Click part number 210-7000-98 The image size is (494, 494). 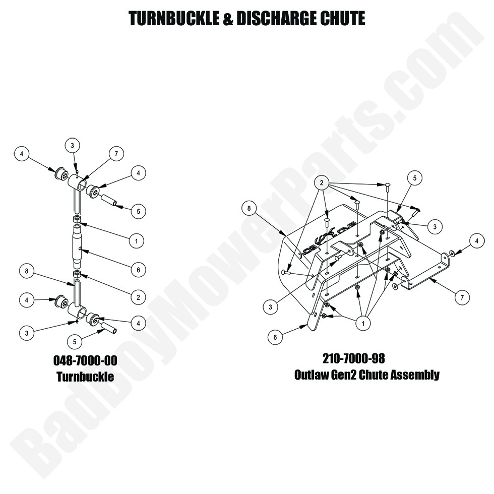[354, 358]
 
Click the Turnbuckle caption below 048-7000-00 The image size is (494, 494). [85, 377]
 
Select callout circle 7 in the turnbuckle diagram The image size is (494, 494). [116, 154]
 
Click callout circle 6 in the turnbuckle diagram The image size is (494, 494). [138, 270]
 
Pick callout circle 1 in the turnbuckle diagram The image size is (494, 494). [137, 241]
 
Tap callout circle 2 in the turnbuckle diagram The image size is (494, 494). [138, 297]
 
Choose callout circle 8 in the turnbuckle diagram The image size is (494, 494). [27, 271]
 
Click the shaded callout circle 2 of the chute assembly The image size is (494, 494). [322, 182]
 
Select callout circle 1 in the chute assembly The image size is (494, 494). [363, 323]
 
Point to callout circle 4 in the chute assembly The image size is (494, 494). [477, 241]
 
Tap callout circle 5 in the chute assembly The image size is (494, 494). [414, 178]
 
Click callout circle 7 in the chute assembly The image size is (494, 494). [462, 297]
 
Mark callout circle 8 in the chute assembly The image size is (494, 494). [249, 208]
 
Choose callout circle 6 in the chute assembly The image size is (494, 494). [275, 337]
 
